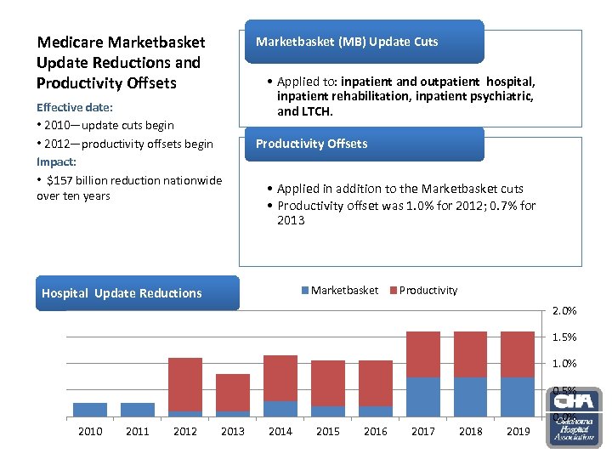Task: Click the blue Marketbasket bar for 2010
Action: pos(90,409)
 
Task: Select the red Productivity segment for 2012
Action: pos(185,384)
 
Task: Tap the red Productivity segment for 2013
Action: pos(233,393)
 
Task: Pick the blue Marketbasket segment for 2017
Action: pos(423,396)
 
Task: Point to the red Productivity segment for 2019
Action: pos(518,354)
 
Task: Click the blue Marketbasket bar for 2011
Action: pos(138,409)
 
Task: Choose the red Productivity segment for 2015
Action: pos(328,382)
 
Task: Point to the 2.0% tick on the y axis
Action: pos(564,310)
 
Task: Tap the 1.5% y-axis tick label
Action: pos(564,337)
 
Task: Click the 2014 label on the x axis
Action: pos(280,432)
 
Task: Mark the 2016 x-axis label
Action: pos(376,432)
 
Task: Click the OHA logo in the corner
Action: pos(575,416)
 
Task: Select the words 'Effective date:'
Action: pos(75,108)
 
